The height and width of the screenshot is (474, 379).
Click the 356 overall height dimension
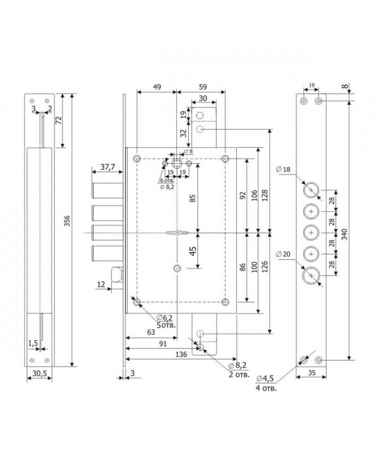67,221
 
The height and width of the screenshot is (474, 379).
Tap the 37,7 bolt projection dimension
107,166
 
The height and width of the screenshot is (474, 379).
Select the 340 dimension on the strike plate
345,234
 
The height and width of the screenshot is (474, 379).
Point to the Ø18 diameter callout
283,169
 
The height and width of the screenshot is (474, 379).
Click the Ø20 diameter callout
283,254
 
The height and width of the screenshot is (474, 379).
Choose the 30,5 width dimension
40,374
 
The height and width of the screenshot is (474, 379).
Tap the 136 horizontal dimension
181,355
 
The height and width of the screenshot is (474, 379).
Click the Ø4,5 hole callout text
265,379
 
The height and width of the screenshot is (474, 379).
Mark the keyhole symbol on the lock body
177,233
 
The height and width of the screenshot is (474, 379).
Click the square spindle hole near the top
176,164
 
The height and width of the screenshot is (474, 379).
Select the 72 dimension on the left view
59,120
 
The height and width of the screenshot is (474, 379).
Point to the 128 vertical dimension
265,195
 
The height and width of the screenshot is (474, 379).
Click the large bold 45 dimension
193,251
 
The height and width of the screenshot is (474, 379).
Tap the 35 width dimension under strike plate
311,373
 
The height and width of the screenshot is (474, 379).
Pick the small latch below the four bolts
117,274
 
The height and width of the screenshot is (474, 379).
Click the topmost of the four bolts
108,190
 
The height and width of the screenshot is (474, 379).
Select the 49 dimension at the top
157,87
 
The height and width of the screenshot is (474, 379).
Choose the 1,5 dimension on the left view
33,343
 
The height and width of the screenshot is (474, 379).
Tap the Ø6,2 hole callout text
165,317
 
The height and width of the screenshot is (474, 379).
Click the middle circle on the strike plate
311,233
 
